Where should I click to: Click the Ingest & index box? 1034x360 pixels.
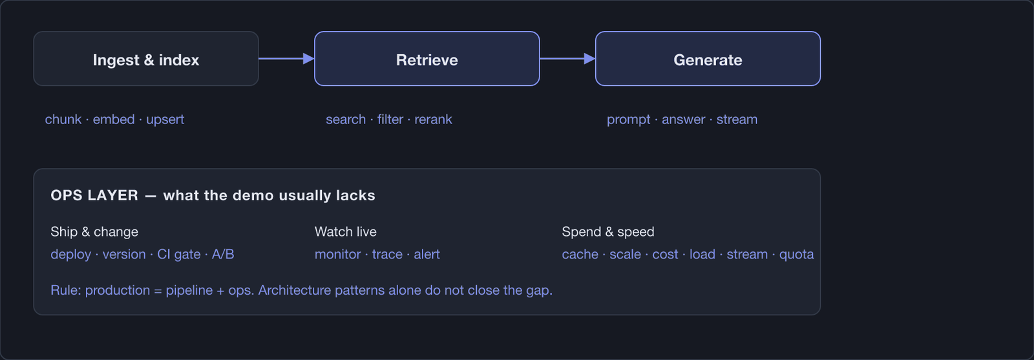[x=146, y=59]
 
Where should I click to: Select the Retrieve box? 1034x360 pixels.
[x=427, y=59]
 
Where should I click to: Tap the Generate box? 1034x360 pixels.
[x=708, y=59]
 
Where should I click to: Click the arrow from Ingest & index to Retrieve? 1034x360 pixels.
[x=287, y=59]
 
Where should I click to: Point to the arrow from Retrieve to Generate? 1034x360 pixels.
[x=567, y=59]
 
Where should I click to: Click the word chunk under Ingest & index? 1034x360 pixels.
[x=63, y=120]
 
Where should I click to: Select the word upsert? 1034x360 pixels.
[x=165, y=120]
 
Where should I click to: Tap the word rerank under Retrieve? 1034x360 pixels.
[x=434, y=120]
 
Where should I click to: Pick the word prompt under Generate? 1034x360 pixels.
[x=628, y=120]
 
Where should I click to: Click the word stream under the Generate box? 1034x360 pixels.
[x=737, y=120]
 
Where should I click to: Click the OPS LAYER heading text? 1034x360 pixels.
[x=94, y=195]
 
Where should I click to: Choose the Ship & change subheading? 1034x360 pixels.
[x=94, y=231]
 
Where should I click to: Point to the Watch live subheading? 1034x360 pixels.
[x=346, y=231]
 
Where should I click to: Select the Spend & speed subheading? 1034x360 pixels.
[x=608, y=231]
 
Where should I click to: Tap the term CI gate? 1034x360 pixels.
[x=179, y=254]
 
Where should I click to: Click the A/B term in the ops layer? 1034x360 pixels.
[x=223, y=254]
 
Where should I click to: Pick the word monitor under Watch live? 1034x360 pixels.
[x=338, y=254]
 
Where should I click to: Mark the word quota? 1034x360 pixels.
[x=797, y=255]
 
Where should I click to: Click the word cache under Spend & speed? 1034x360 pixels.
[x=580, y=254]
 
